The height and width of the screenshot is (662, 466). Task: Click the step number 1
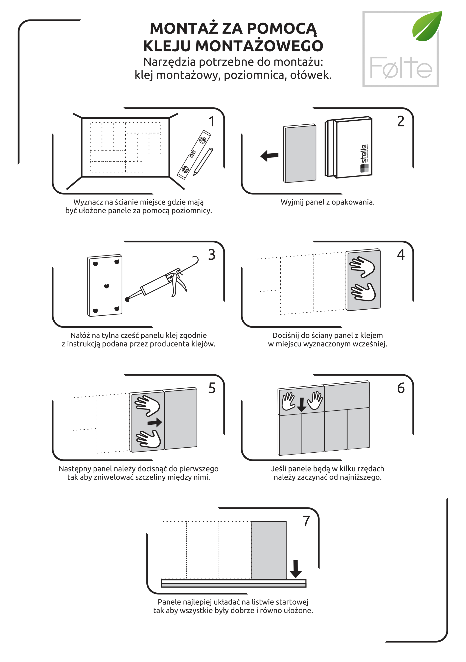[212, 121]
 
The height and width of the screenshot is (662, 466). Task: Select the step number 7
[306, 521]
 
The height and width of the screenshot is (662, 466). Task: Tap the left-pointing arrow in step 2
[269, 156]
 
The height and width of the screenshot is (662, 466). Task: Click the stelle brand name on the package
[364, 154]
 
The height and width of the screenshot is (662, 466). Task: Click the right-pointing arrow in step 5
[155, 423]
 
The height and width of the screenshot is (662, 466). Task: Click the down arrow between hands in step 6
[301, 405]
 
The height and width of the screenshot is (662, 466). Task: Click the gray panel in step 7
[269, 550]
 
